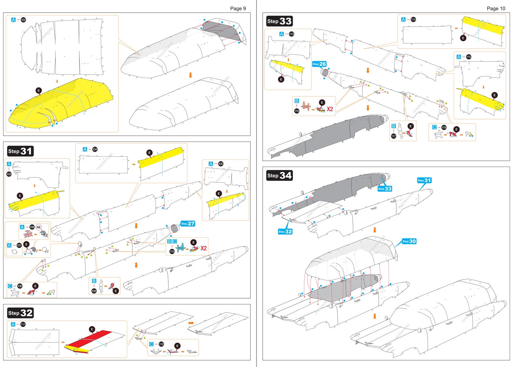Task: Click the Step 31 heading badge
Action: click(20, 151)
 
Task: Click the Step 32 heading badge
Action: click(20, 313)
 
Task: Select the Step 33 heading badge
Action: click(279, 21)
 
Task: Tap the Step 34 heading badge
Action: click(279, 175)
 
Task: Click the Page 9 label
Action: click(238, 9)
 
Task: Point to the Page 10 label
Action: click(496, 9)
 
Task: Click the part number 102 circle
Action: click(23, 20)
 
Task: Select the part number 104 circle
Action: click(95, 149)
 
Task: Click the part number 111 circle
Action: click(23, 324)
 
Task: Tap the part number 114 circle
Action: click(413, 19)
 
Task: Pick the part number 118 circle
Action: click(444, 127)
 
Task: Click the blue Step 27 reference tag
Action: click(188, 224)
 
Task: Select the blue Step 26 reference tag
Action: click(319, 64)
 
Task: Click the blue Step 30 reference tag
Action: click(409, 241)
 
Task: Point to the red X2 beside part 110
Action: click(203, 248)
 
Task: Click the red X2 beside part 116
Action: click(330, 109)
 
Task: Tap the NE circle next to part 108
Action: click(39, 227)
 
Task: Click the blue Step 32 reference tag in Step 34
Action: click(285, 232)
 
